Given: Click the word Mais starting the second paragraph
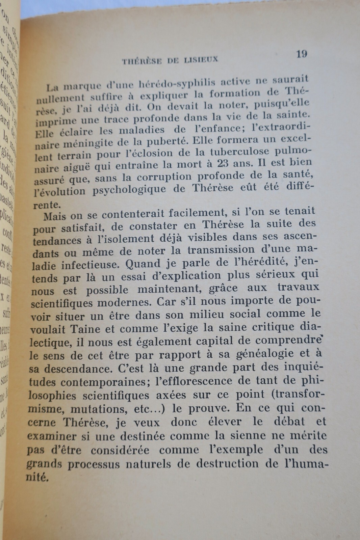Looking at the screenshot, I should click(55, 214).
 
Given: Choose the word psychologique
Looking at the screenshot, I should click(134, 190).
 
